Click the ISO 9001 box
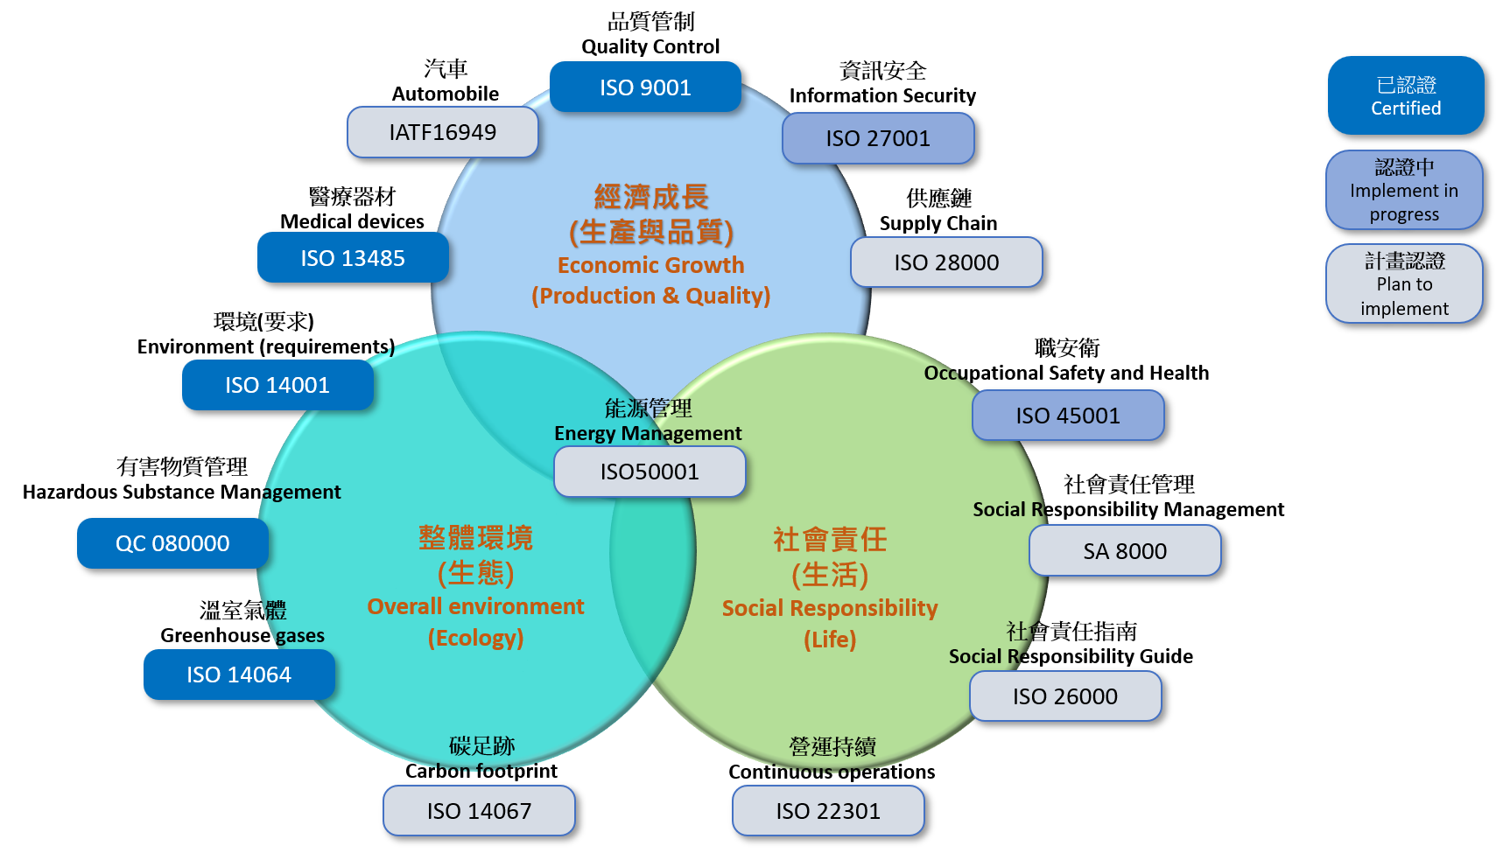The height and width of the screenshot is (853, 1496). tap(645, 87)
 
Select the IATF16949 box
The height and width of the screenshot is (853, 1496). tap(442, 132)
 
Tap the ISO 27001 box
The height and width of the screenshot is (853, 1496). tap(877, 138)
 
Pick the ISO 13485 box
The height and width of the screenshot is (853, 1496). tap(353, 258)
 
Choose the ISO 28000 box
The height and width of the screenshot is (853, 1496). tap(946, 262)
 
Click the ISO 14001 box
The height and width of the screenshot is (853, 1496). tap(277, 385)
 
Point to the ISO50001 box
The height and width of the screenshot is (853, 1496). tap(650, 472)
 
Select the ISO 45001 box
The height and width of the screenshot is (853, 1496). tap(1068, 416)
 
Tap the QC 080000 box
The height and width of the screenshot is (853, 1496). tap(172, 543)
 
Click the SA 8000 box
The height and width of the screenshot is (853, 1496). tap(1125, 551)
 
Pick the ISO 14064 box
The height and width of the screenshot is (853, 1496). tap(239, 675)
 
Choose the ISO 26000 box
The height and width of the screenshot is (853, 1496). tap(1065, 696)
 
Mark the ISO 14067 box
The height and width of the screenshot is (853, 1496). tap(479, 811)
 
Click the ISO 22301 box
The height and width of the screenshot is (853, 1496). tap(828, 811)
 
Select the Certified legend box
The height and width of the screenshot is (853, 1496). tap(1405, 96)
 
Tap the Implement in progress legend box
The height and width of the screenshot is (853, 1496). tap(1404, 190)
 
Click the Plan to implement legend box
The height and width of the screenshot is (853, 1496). tap(1404, 284)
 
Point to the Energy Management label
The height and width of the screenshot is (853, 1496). tap(648, 433)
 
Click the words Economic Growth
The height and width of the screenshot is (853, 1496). tap(650, 265)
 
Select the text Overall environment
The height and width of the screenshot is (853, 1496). tap(475, 606)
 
